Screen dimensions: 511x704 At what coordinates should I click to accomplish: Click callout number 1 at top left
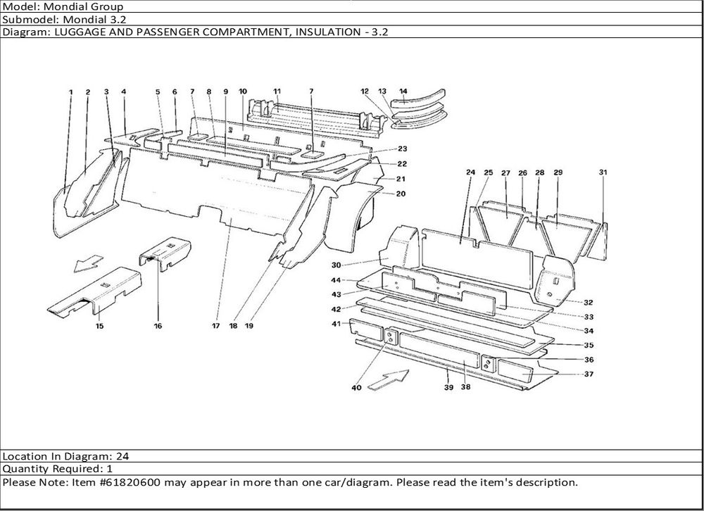point(70,92)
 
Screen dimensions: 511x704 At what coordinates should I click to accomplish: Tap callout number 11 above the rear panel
point(277,92)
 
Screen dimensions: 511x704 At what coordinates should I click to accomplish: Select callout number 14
point(403,92)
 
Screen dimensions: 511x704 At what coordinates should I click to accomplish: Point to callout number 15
point(99,326)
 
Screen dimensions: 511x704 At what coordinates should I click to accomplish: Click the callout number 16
point(158,326)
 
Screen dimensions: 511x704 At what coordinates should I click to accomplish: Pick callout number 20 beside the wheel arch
point(400,194)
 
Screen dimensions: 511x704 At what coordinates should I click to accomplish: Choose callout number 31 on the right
point(603,172)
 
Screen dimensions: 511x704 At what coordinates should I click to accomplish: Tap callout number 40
point(356,388)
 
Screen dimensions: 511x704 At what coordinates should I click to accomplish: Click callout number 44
point(337,280)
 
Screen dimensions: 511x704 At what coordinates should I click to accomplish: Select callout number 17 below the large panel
point(216,326)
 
